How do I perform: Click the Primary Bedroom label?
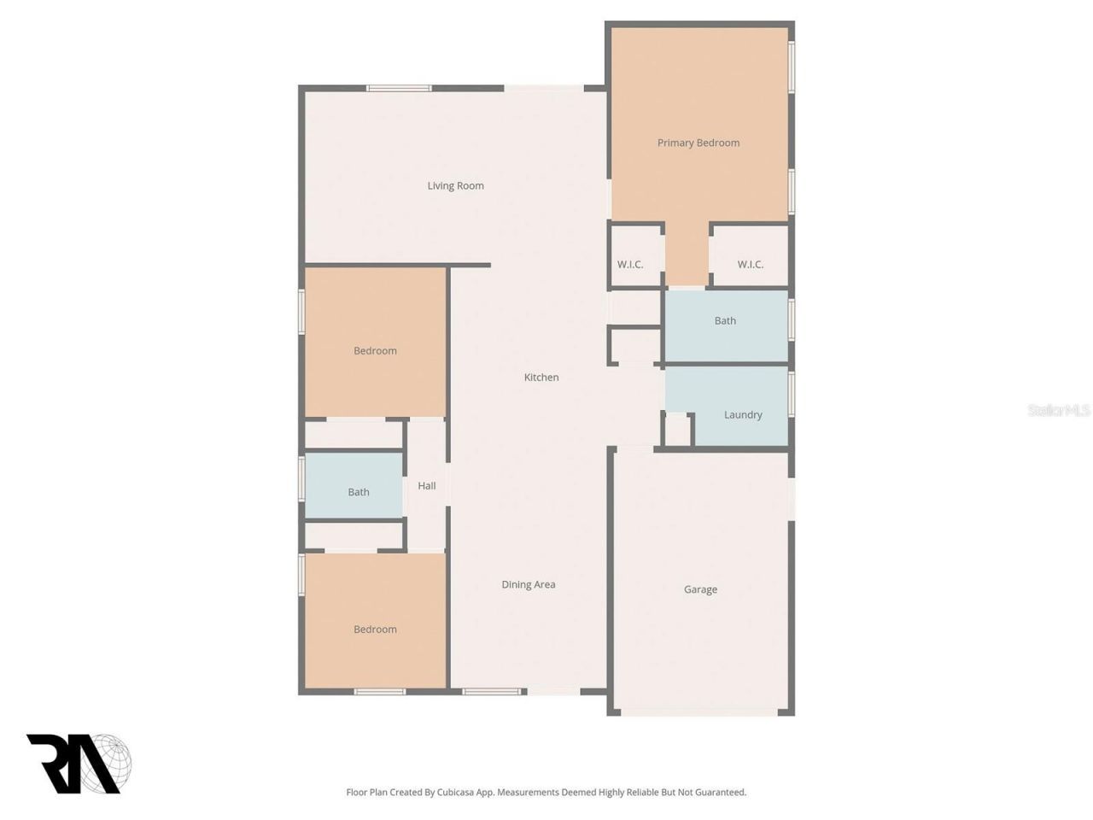click(x=698, y=143)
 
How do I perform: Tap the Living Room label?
click(x=455, y=185)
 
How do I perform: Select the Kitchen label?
click(x=541, y=377)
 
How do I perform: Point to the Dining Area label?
click(x=528, y=584)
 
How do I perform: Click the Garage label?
click(x=700, y=589)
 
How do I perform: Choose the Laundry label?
click(x=743, y=414)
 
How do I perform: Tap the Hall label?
click(x=426, y=485)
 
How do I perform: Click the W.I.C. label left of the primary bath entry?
click(x=630, y=264)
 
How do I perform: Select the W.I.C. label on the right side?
click(x=750, y=264)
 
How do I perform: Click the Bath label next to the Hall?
click(x=359, y=492)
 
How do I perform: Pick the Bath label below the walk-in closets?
click(x=725, y=320)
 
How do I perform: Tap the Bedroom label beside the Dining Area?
click(x=375, y=630)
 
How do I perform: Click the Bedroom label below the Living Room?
click(x=375, y=350)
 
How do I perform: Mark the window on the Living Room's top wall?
click(x=399, y=88)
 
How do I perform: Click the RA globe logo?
click(x=79, y=763)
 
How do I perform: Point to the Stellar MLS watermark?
click(x=1058, y=411)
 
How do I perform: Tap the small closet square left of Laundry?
click(x=678, y=430)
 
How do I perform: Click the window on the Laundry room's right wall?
click(x=792, y=394)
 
